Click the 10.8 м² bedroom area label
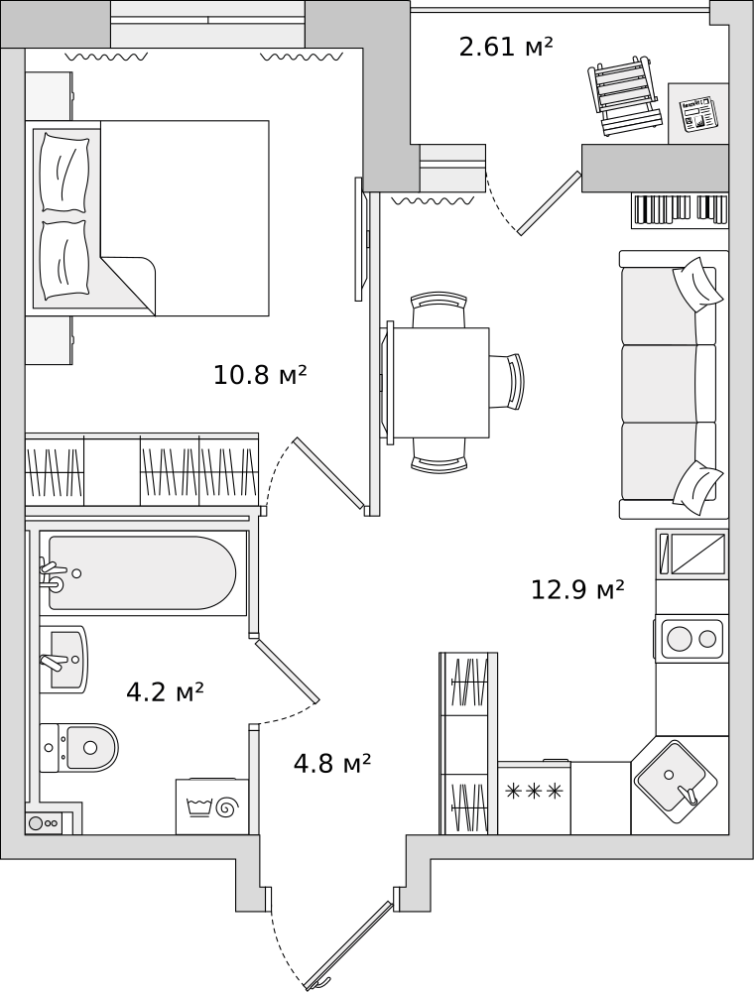[x=260, y=375]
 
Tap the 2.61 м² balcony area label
[x=506, y=47]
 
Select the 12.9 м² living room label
[x=577, y=589]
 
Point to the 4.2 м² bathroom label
[x=165, y=692]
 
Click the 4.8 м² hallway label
[x=332, y=764]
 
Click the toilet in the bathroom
[x=79, y=748]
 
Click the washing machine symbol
[x=212, y=806]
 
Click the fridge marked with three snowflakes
[x=534, y=798]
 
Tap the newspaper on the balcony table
[x=695, y=114]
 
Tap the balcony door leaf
[x=549, y=203]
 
